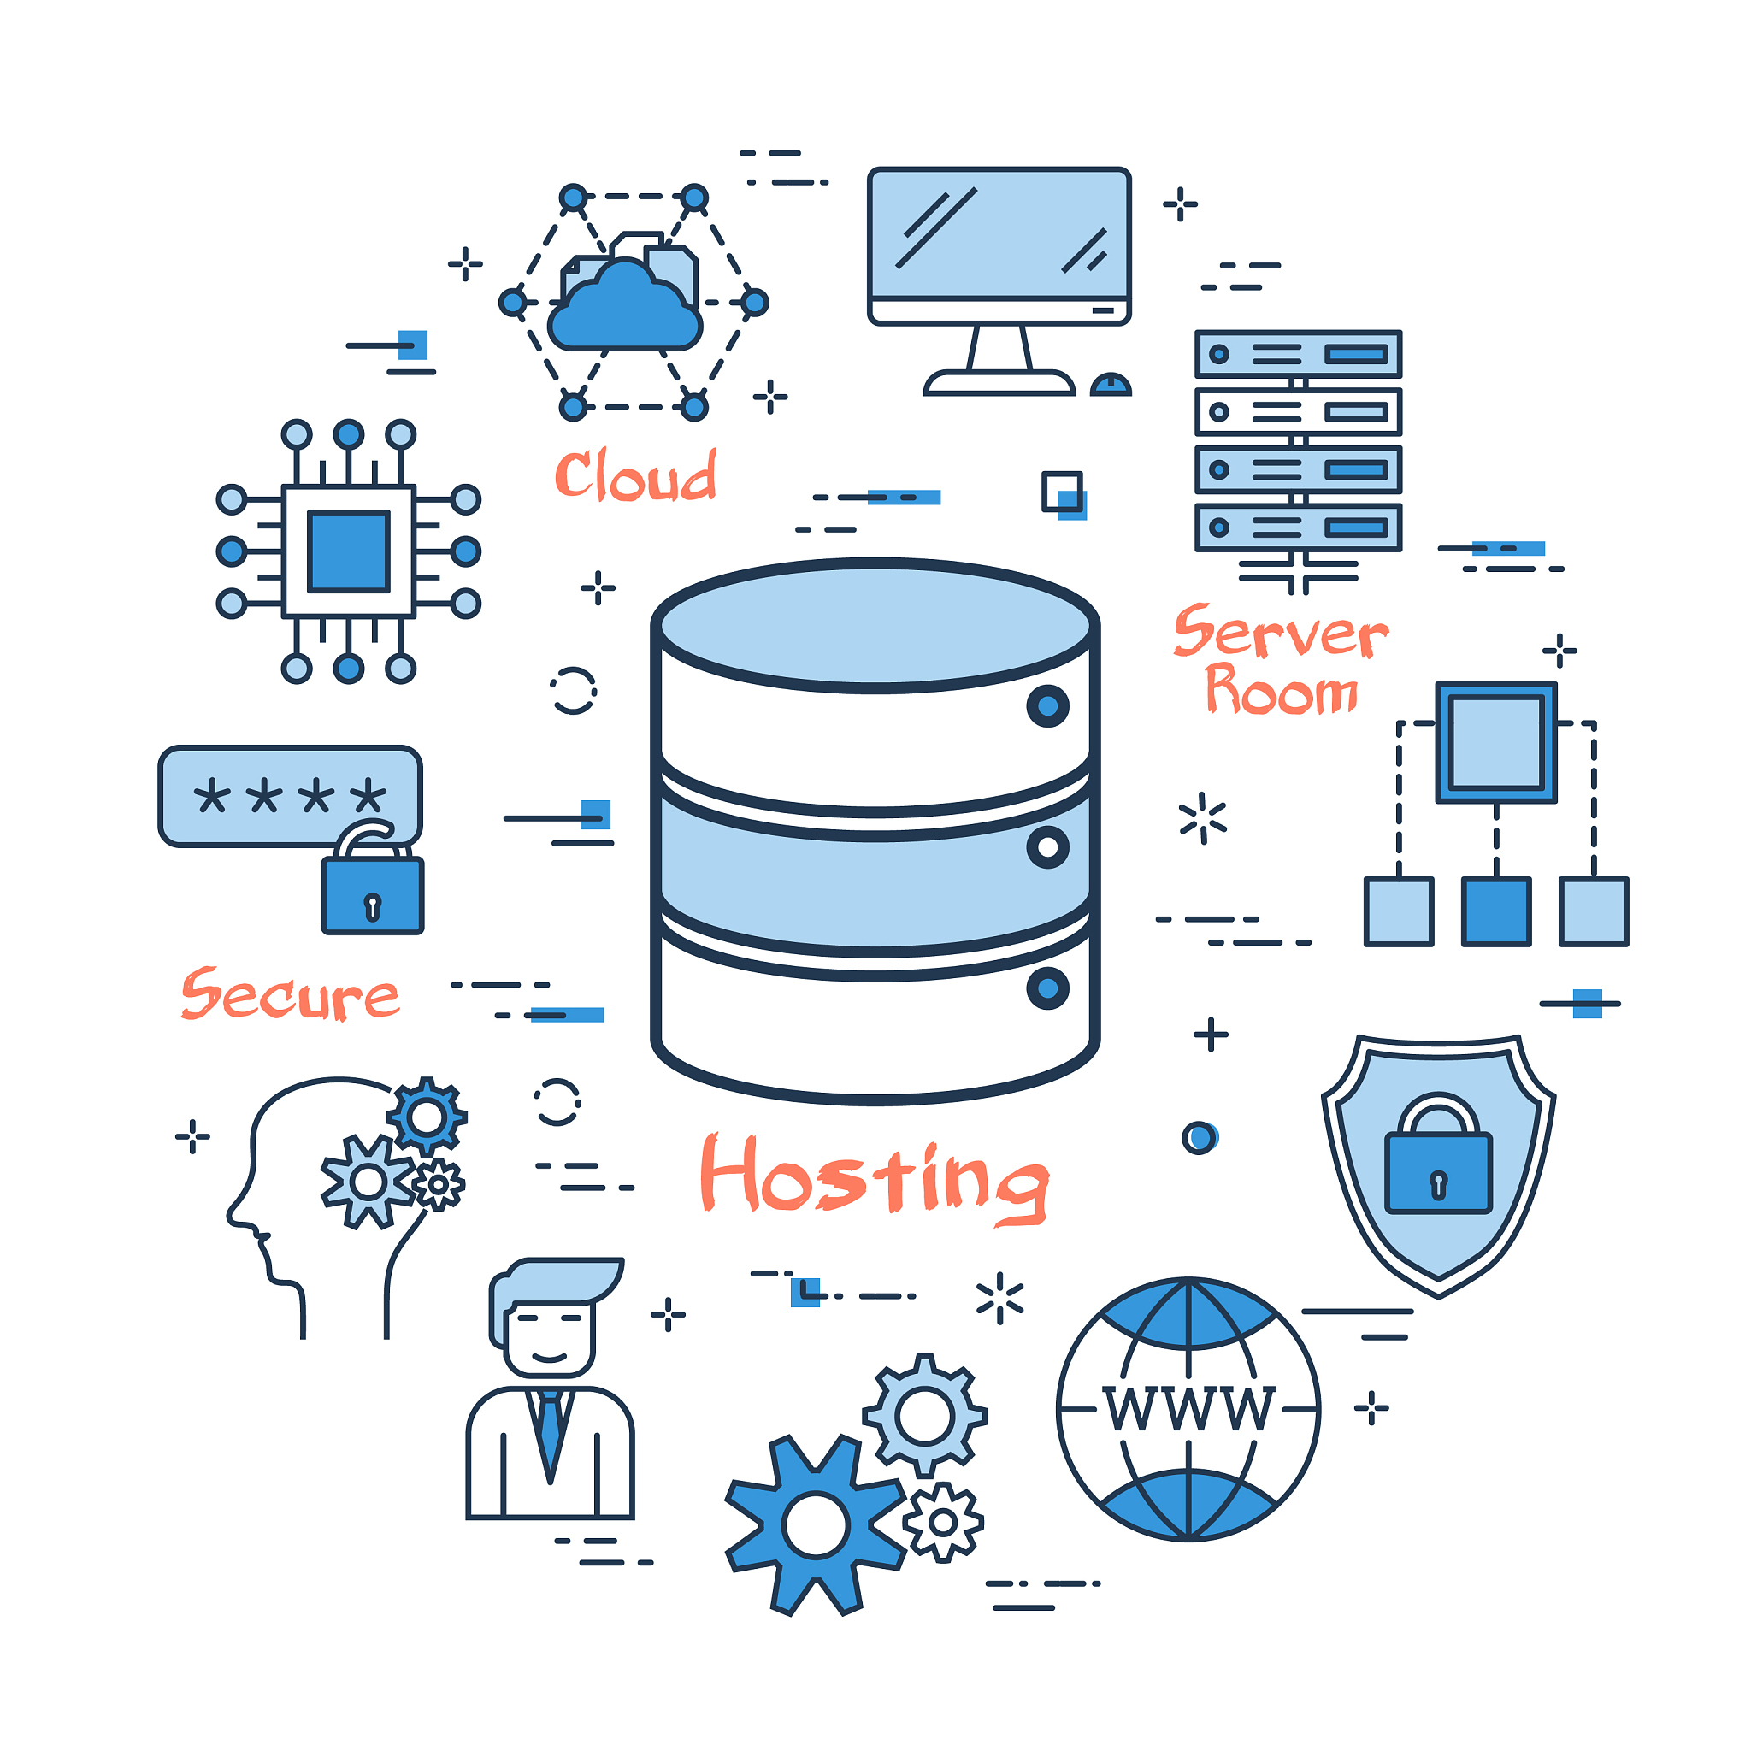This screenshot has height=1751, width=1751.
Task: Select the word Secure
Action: pos(290,995)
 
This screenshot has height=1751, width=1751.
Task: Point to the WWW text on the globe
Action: pos(1188,1409)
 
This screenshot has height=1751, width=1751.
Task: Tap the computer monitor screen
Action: pos(999,233)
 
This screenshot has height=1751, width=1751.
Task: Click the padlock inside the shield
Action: pos(1438,1169)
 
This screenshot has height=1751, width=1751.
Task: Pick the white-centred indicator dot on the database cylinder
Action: pos(1047,847)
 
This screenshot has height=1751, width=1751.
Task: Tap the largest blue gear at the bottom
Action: pos(816,1525)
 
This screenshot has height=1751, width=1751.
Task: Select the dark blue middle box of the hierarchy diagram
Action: pos(1495,911)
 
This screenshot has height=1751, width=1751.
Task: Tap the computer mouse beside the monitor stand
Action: pos(1111,386)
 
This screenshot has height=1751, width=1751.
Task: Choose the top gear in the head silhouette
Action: pos(426,1117)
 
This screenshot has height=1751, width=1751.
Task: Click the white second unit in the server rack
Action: pos(1298,412)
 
